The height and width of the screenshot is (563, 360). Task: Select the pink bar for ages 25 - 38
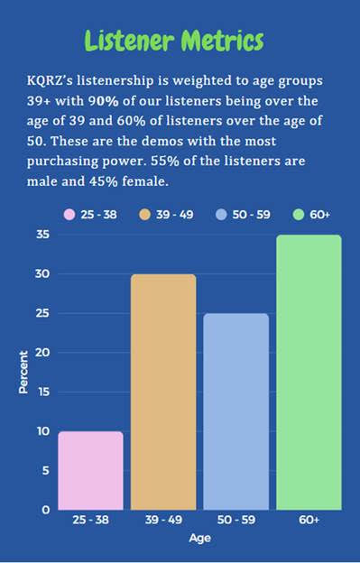coord(90,470)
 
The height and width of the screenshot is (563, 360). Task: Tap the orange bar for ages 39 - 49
coord(163,392)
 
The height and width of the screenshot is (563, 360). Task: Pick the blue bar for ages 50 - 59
coord(235,411)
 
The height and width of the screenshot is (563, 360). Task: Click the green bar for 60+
coord(309,372)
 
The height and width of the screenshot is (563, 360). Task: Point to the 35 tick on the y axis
coord(42,235)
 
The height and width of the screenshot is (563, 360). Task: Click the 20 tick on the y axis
coord(42,353)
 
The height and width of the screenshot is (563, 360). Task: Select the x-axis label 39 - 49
coord(163,521)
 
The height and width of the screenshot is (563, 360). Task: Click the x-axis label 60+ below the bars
coord(309,521)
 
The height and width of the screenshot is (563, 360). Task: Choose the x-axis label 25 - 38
coord(90,521)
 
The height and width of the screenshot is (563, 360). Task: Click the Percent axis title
coord(24,371)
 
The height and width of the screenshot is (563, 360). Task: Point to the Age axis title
coord(199,539)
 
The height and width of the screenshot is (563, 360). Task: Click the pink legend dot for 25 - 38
coord(69,215)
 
